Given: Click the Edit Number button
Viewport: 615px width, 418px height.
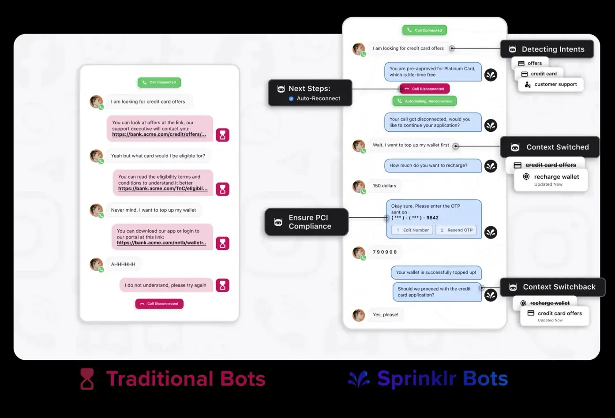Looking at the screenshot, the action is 412,230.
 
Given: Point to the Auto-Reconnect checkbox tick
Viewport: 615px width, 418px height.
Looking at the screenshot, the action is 291,99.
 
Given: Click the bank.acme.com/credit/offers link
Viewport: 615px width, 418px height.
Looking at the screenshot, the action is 159,134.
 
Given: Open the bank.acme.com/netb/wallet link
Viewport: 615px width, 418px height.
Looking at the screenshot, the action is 161,243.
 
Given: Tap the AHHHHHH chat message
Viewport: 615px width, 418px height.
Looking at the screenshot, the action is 123,264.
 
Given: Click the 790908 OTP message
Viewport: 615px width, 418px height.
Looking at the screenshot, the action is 385,252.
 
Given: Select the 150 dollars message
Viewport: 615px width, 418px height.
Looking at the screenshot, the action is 384,186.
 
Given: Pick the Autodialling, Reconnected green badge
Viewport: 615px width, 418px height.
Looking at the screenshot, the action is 424,101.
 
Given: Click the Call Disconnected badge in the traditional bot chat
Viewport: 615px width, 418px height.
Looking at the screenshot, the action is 159,304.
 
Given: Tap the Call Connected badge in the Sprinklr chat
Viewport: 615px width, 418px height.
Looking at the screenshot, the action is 424,30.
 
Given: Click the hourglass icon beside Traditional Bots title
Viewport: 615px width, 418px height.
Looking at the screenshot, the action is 87,379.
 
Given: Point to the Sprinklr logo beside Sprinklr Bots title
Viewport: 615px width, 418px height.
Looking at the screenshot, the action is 359,379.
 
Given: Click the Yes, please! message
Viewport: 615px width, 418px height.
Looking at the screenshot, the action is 385,315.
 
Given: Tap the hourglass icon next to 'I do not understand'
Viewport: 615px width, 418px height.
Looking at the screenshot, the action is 222,285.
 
